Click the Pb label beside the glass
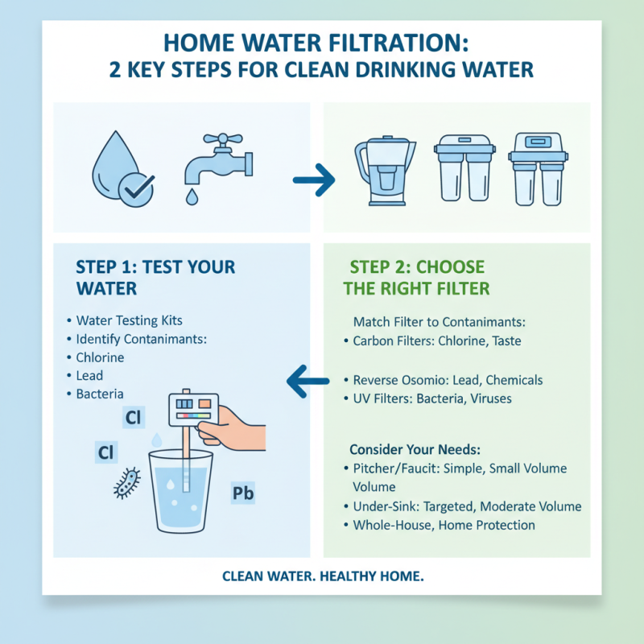coord(242,493)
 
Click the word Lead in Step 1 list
coord(89,375)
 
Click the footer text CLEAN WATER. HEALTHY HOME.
coord(322,576)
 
